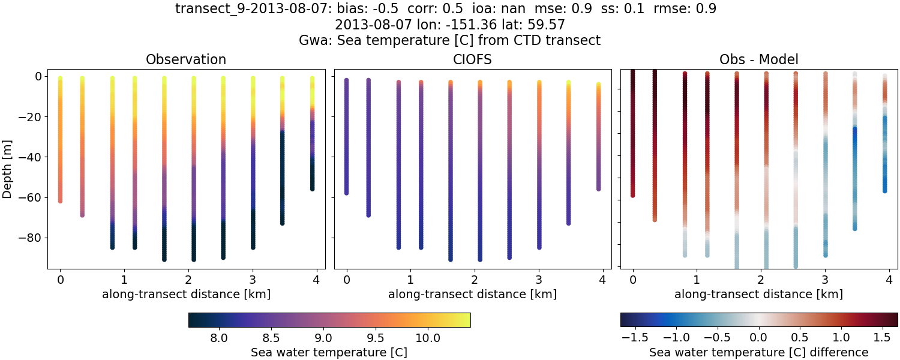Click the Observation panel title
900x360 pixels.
click(x=186, y=59)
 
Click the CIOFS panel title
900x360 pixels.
click(x=472, y=59)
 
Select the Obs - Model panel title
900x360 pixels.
click(x=758, y=59)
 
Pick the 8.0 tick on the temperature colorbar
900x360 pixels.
click(x=220, y=338)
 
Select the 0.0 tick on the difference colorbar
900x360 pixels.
click(x=759, y=338)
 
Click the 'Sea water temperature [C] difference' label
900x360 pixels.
click(x=758, y=352)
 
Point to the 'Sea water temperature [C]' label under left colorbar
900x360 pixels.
click(x=329, y=352)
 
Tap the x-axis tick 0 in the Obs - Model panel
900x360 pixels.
click(x=633, y=280)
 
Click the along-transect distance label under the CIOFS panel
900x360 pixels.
click(x=472, y=294)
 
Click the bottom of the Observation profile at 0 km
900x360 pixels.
click(x=60, y=200)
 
